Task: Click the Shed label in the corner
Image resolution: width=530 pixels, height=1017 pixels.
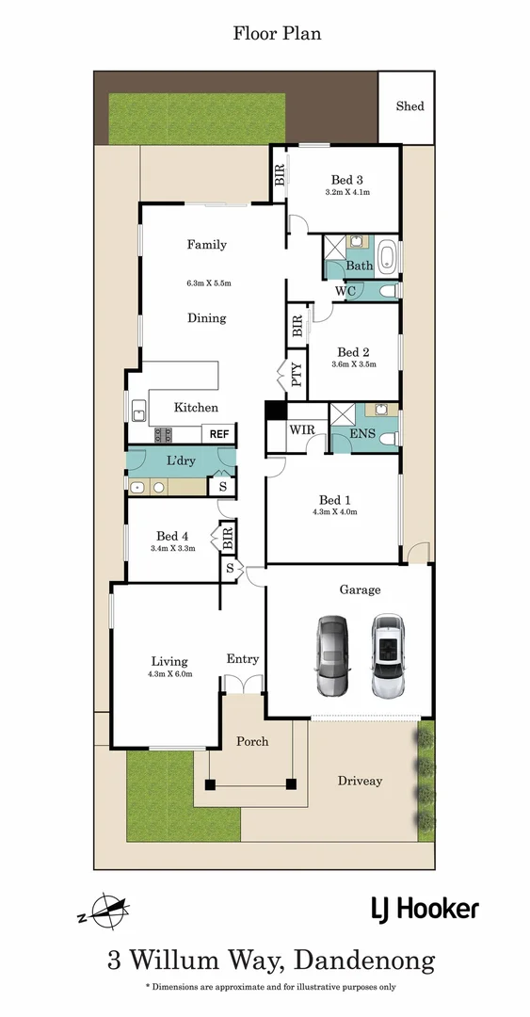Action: (410, 106)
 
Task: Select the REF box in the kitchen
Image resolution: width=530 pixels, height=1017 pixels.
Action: (219, 434)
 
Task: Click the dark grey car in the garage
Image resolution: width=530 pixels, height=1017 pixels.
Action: (332, 655)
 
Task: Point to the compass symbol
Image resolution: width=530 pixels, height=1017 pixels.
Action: (104, 911)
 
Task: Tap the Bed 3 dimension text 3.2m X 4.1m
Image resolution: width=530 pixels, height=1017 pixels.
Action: (347, 192)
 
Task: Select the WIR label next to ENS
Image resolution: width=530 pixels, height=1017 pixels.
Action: (301, 429)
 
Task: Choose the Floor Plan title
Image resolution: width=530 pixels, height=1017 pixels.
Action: (277, 34)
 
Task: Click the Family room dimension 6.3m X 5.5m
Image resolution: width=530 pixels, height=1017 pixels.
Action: (208, 282)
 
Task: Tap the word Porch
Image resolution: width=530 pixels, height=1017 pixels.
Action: (251, 741)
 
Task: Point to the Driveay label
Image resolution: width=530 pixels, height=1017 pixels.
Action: (361, 781)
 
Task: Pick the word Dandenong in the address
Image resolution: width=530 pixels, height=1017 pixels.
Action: (364, 960)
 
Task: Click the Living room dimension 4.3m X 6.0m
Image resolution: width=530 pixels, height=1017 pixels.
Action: (169, 674)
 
